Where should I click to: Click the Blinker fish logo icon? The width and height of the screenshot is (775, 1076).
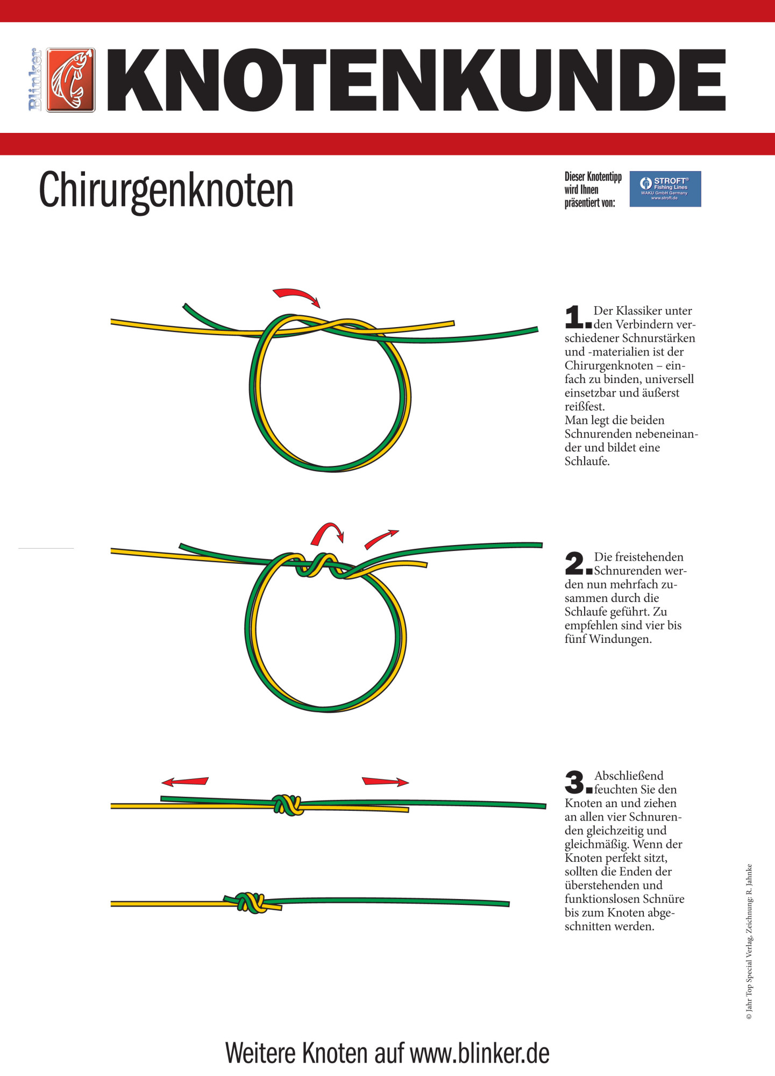click(71, 80)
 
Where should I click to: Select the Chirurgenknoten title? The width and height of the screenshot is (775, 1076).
click(166, 190)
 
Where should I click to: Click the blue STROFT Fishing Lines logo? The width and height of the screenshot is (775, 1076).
click(665, 189)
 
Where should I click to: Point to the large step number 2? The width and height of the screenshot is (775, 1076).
click(575, 563)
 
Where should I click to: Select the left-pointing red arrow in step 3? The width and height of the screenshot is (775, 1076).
click(185, 781)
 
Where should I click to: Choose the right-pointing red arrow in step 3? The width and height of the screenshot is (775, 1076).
click(385, 781)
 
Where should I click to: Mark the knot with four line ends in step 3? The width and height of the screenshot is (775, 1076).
click(288, 805)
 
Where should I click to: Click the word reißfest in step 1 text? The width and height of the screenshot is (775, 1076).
click(584, 407)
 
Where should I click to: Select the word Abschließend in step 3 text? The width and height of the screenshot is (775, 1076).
click(629, 776)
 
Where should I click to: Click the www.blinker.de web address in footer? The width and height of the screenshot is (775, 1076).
click(480, 1053)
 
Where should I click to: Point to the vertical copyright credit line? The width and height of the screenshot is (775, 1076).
click(749, 942)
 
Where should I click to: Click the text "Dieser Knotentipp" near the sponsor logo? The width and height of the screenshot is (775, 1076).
click(593, 176)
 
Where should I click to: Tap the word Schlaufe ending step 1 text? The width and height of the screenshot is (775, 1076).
click(586, 462)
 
